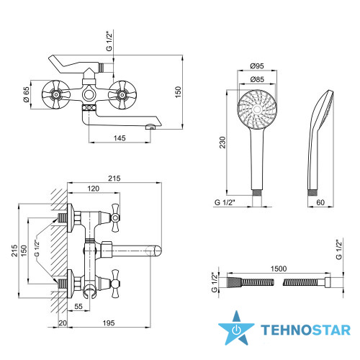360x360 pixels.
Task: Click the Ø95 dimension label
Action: pyautogui.click(x=257, y=66)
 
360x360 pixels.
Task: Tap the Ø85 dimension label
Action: pyautogui.click(x=257, y=79)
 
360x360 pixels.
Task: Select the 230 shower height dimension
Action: pyautogui.click(x=222, y=143)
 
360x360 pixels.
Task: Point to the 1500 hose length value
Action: pyautogui.click(x=279, y=269)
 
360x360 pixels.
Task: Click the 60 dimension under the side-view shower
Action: pyautogui.click(x=320, y=202)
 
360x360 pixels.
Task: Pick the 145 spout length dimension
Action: pyautogui.click(x=120, y=138)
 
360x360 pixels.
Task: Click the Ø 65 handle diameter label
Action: pyautogui.click(x=27, y=94)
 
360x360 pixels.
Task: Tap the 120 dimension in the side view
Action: pyautogui.click(x=93, y=189)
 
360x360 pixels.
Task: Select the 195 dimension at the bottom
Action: pyautogui.click(x=109, y=323)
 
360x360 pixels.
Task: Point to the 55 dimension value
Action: pyautogui.click(x=78, y=307)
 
